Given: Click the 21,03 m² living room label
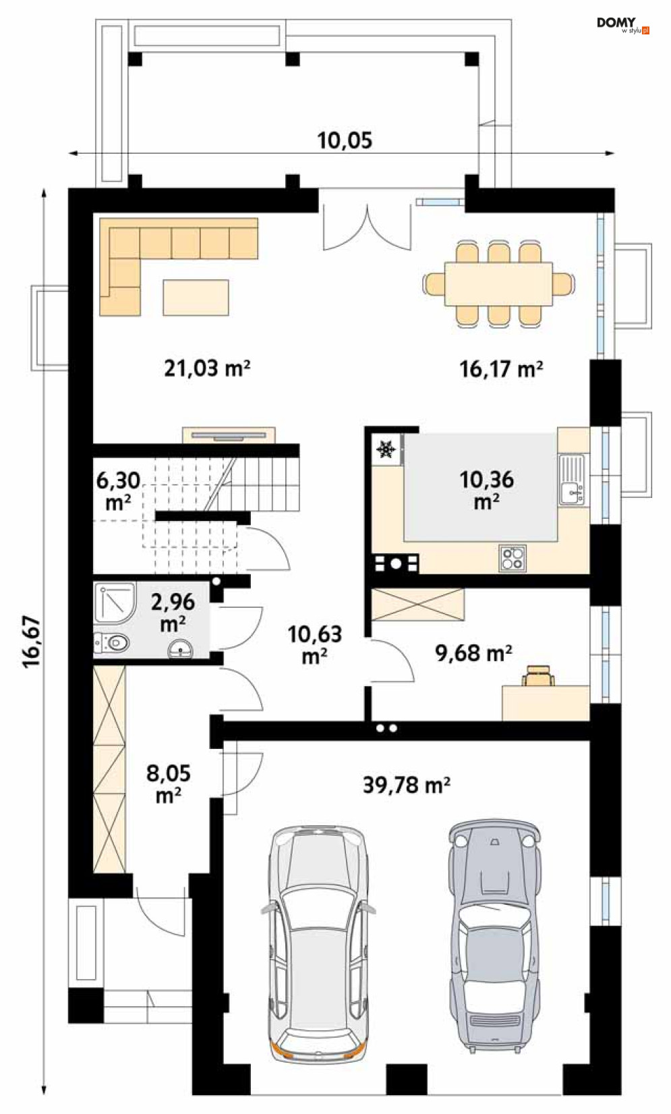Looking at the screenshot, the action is pyautogui.click(x=207, y=368).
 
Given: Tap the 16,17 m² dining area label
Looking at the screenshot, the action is pyautogui.click(x=501, y=370).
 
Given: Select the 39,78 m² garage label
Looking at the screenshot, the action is pyautogui.click(x=407, y=785).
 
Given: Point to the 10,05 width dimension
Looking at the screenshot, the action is pyautogui.click(x=345, y=141).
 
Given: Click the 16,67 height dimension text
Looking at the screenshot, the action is pyautogui.click(x=31, y=642).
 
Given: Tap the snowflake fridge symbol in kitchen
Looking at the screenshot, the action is pyautogui.click(x=386, y=449).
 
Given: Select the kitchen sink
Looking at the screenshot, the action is pyautogui.click(x=572, y=480).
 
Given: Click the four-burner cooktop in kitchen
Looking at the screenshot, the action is pyautogui.click(x=513, y=558).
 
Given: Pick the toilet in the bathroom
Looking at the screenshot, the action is pyautogui.click(x=113, y=643).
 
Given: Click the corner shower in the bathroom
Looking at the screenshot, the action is pyautogui.click(x=115, y=603).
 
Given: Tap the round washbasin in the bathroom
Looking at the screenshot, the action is pyautogui.click(x=181, y=650).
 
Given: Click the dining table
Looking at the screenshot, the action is pyautogui.click(x=498, y=283).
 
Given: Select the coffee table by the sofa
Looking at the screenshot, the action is pyautogui.click(x=196, y=298).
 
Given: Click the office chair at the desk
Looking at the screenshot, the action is pyautogui.click(x=537, y=676).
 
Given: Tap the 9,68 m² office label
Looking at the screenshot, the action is pyautogui.click(x=473, y=653).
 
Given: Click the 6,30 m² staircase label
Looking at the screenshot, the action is pyautogui.click(x=118, y=491).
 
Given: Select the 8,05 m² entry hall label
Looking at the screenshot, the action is pyautogui.click(x=169, y=784).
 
